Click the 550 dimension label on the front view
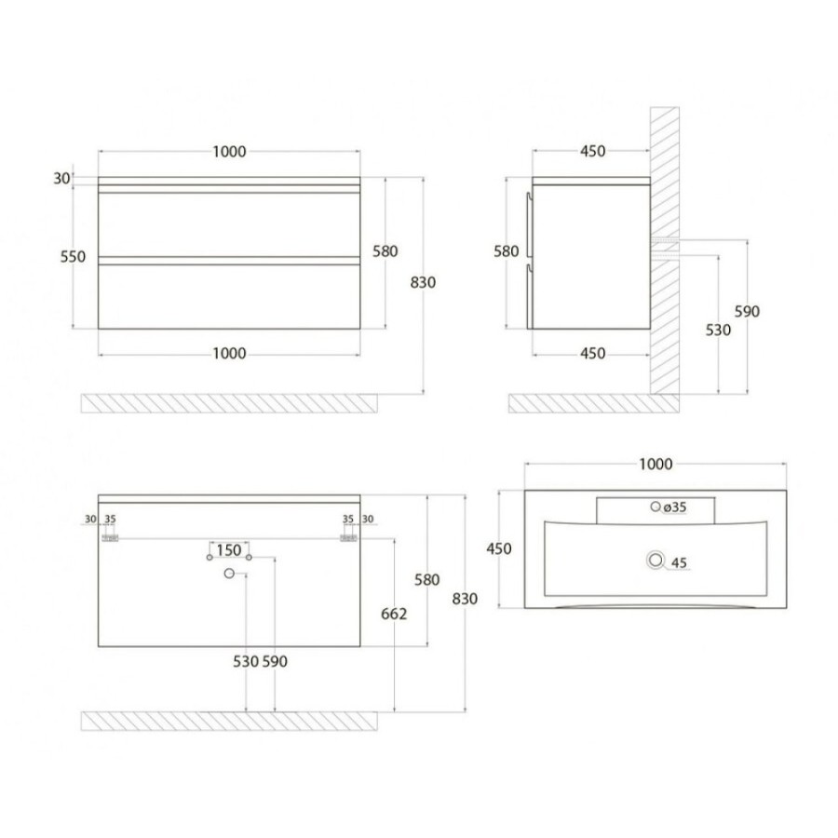[73, 257]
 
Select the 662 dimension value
[394, 615]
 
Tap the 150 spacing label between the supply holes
[229, 550]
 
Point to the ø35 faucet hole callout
[675, 507]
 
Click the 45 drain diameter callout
[679, 562]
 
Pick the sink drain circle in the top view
[656, 561]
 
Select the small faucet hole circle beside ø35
[656, 507]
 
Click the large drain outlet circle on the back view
[229, 574]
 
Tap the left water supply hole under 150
[209, 558]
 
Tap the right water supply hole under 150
[249, 558]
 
